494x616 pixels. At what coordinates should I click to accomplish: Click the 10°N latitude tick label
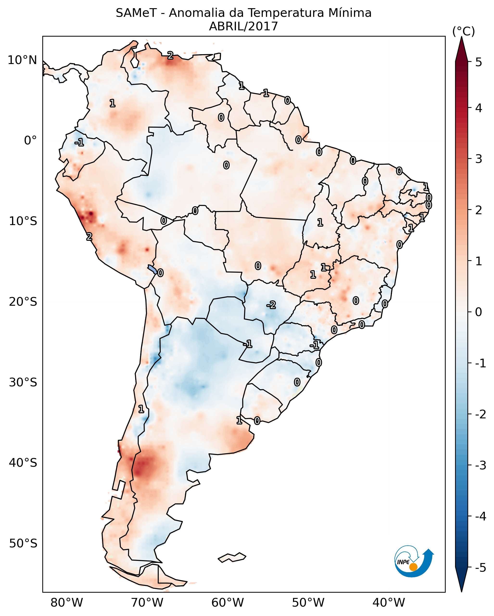click(x=22, y=60)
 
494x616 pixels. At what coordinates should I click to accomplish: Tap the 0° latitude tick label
click(x=30, y=141)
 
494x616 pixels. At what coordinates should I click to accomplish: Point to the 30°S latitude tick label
click(x=23, y=382)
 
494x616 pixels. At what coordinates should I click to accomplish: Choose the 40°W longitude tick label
click(x=388, y=603)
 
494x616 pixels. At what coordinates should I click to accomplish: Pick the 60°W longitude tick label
click(x=228, y=603)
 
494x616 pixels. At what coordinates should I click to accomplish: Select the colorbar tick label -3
click(x=480, y=466)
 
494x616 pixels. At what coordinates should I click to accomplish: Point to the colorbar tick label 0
click(x=479, y=312)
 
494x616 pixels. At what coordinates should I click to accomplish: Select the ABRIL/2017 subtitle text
click(x=243, y=26)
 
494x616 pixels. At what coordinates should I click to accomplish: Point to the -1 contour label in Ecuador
click(x=79, y=142)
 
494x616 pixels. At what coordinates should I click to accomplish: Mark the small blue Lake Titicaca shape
click(x=152, y=269)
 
